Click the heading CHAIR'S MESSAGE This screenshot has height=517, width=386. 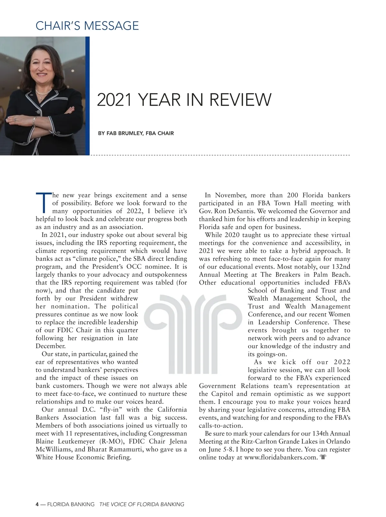click(x=87, y=26)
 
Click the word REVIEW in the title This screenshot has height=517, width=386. click(x=240, y=100)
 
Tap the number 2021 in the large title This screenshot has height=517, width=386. click(x=114, y=100)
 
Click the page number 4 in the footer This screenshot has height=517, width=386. click(x=37, y=504)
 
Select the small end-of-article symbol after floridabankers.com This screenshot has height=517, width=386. click(x=323, y=457)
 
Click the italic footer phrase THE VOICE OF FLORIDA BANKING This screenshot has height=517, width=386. click(x=142, y=504)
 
